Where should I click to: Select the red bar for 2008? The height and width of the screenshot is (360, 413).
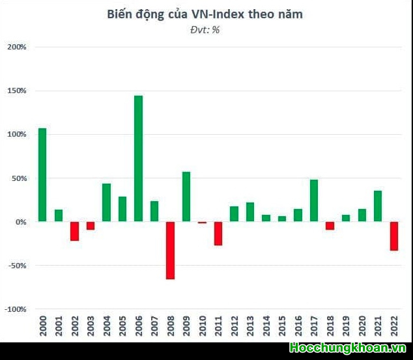(x=170, y=251)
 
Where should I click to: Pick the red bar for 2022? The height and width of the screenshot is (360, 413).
(x=393, y=236)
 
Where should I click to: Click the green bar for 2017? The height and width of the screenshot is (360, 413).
(x=313, y=201)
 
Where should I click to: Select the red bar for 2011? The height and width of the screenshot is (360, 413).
(x=218, y=234)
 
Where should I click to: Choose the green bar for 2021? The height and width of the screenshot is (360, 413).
(x=378, y=206)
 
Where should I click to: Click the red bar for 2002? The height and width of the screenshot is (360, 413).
(x=74, y=231)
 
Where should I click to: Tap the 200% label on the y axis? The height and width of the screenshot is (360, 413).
(x=16, y=48)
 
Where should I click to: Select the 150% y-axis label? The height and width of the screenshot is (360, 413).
(x=16, y=91)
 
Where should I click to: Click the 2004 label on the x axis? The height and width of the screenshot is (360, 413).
(x=107, y=325)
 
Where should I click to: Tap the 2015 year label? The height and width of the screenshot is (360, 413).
(x=282, y=325)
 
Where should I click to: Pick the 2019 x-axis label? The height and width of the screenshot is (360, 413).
(x=346, y=325)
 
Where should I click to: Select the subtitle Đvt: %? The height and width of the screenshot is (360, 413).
(x=205, y=29)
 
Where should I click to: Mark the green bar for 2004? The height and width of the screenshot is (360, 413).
(x=106, y=202)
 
